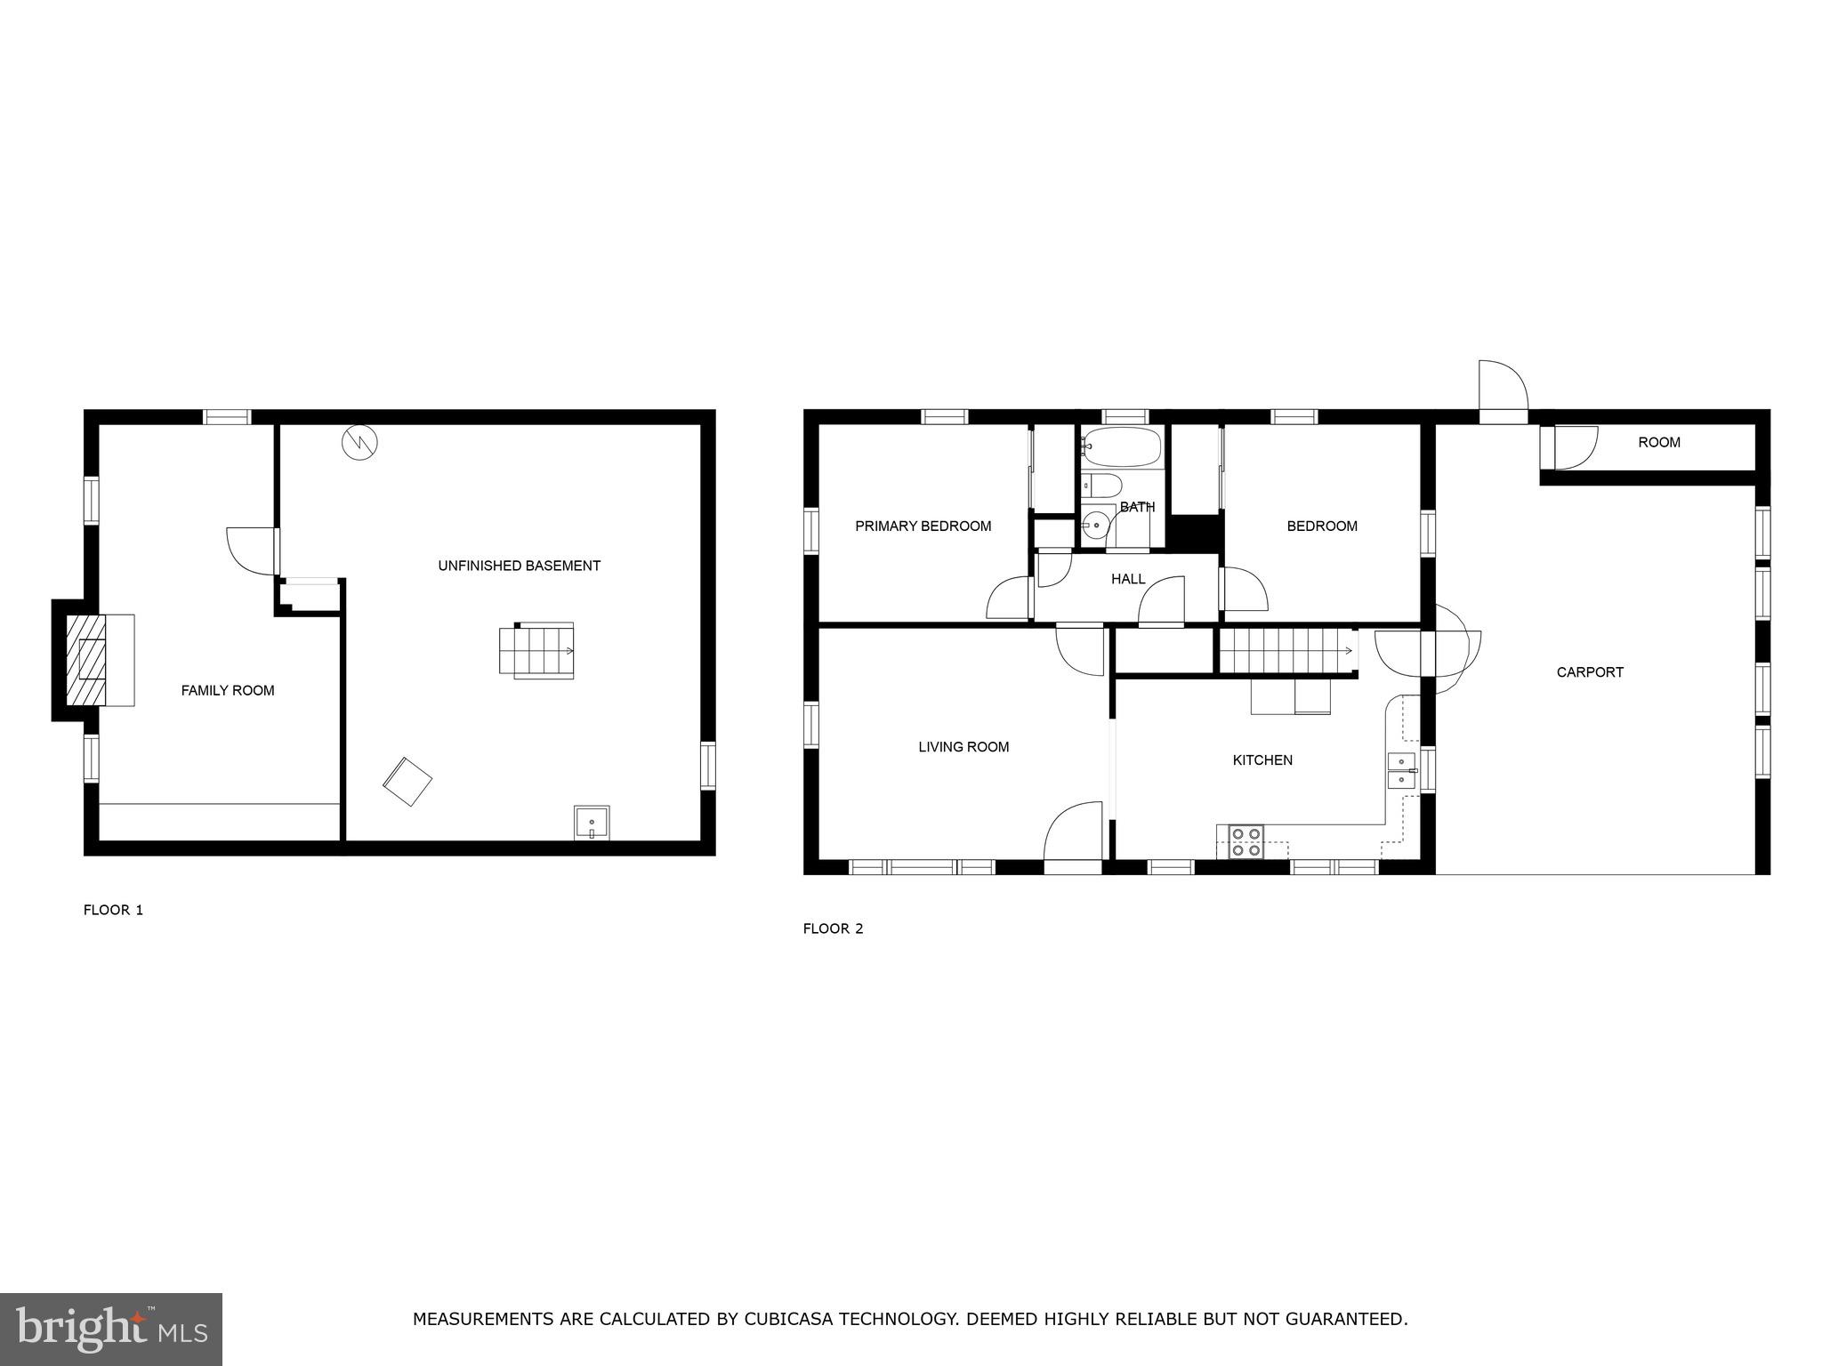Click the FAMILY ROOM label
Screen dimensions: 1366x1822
pos(228,690)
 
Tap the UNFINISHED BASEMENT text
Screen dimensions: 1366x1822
pos(519,566)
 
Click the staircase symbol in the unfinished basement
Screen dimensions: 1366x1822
pos(536,651)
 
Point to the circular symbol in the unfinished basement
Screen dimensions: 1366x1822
pos(360,442)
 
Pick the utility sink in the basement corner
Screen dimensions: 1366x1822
pos(592,823)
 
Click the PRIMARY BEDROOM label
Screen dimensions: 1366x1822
pos(923,526)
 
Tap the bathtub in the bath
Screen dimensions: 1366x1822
pos(1122,447)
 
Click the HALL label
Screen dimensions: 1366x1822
pos(1128,580)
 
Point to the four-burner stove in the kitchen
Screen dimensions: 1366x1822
pos(1246,841)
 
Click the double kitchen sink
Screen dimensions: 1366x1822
pos(1401,771)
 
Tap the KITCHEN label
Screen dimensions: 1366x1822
pos(1262,760)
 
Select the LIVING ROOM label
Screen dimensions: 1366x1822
pos(963,747)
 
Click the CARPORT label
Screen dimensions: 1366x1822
pos(1590,672)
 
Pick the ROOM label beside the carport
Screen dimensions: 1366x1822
pos(1659,442)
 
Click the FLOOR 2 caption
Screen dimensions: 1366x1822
pos(833,928)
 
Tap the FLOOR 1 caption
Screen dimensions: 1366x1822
pos(113,910)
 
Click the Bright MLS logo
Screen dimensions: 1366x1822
pos(111,1329)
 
